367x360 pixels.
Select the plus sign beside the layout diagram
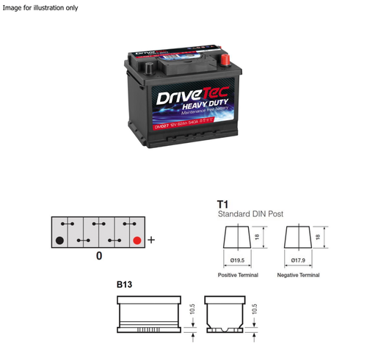click(152, 239)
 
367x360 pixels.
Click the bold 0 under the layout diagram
click(98, 257)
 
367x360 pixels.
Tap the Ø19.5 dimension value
click(236, 259)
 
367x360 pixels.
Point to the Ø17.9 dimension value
click(298, 259)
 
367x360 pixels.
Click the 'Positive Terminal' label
click(238, 275)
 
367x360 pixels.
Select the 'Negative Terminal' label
click(298, 275)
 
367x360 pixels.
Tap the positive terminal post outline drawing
click(236, 238)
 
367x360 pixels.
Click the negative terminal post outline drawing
click(298, 238)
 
